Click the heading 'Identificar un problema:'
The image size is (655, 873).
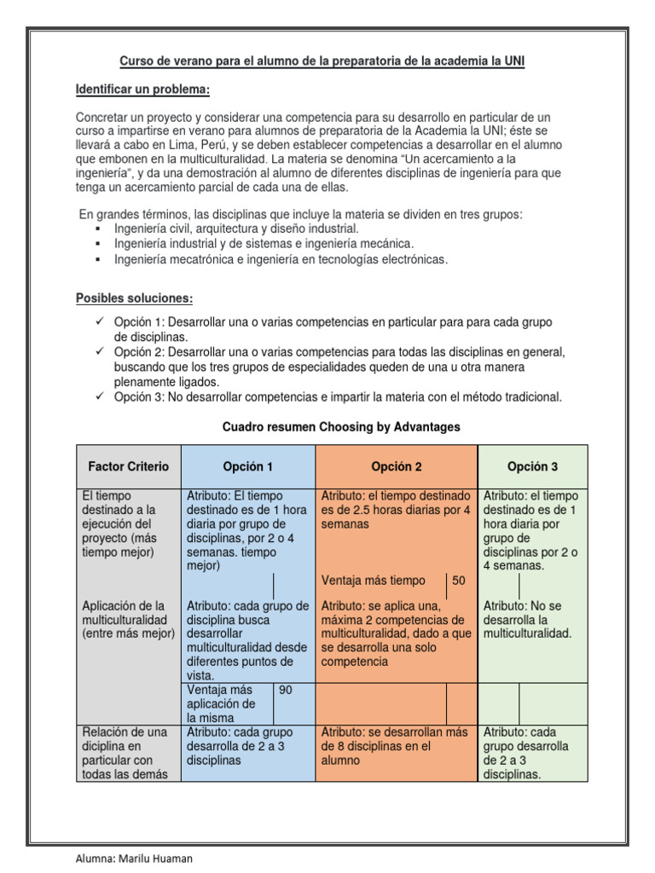click(142, 90)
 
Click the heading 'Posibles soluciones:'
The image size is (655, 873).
click(135, 298)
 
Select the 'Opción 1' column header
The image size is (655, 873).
click(248, 466)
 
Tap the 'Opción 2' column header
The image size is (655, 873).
click(397, 466)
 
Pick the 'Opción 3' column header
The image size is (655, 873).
click(532, 466)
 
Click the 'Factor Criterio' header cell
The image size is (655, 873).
click(129, 466)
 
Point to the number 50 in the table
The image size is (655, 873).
click(459, 581)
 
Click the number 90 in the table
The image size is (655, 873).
click(286, 690)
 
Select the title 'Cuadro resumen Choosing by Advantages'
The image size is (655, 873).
click(340, 427)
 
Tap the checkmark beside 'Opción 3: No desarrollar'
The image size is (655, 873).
click(100, 396)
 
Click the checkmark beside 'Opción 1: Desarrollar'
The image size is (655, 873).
click(100, 321)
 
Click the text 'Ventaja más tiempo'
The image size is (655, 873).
click(373, 581)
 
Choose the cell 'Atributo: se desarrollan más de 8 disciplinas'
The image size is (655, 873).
click(394, 746)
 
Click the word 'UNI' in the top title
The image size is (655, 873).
click(526, 62)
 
